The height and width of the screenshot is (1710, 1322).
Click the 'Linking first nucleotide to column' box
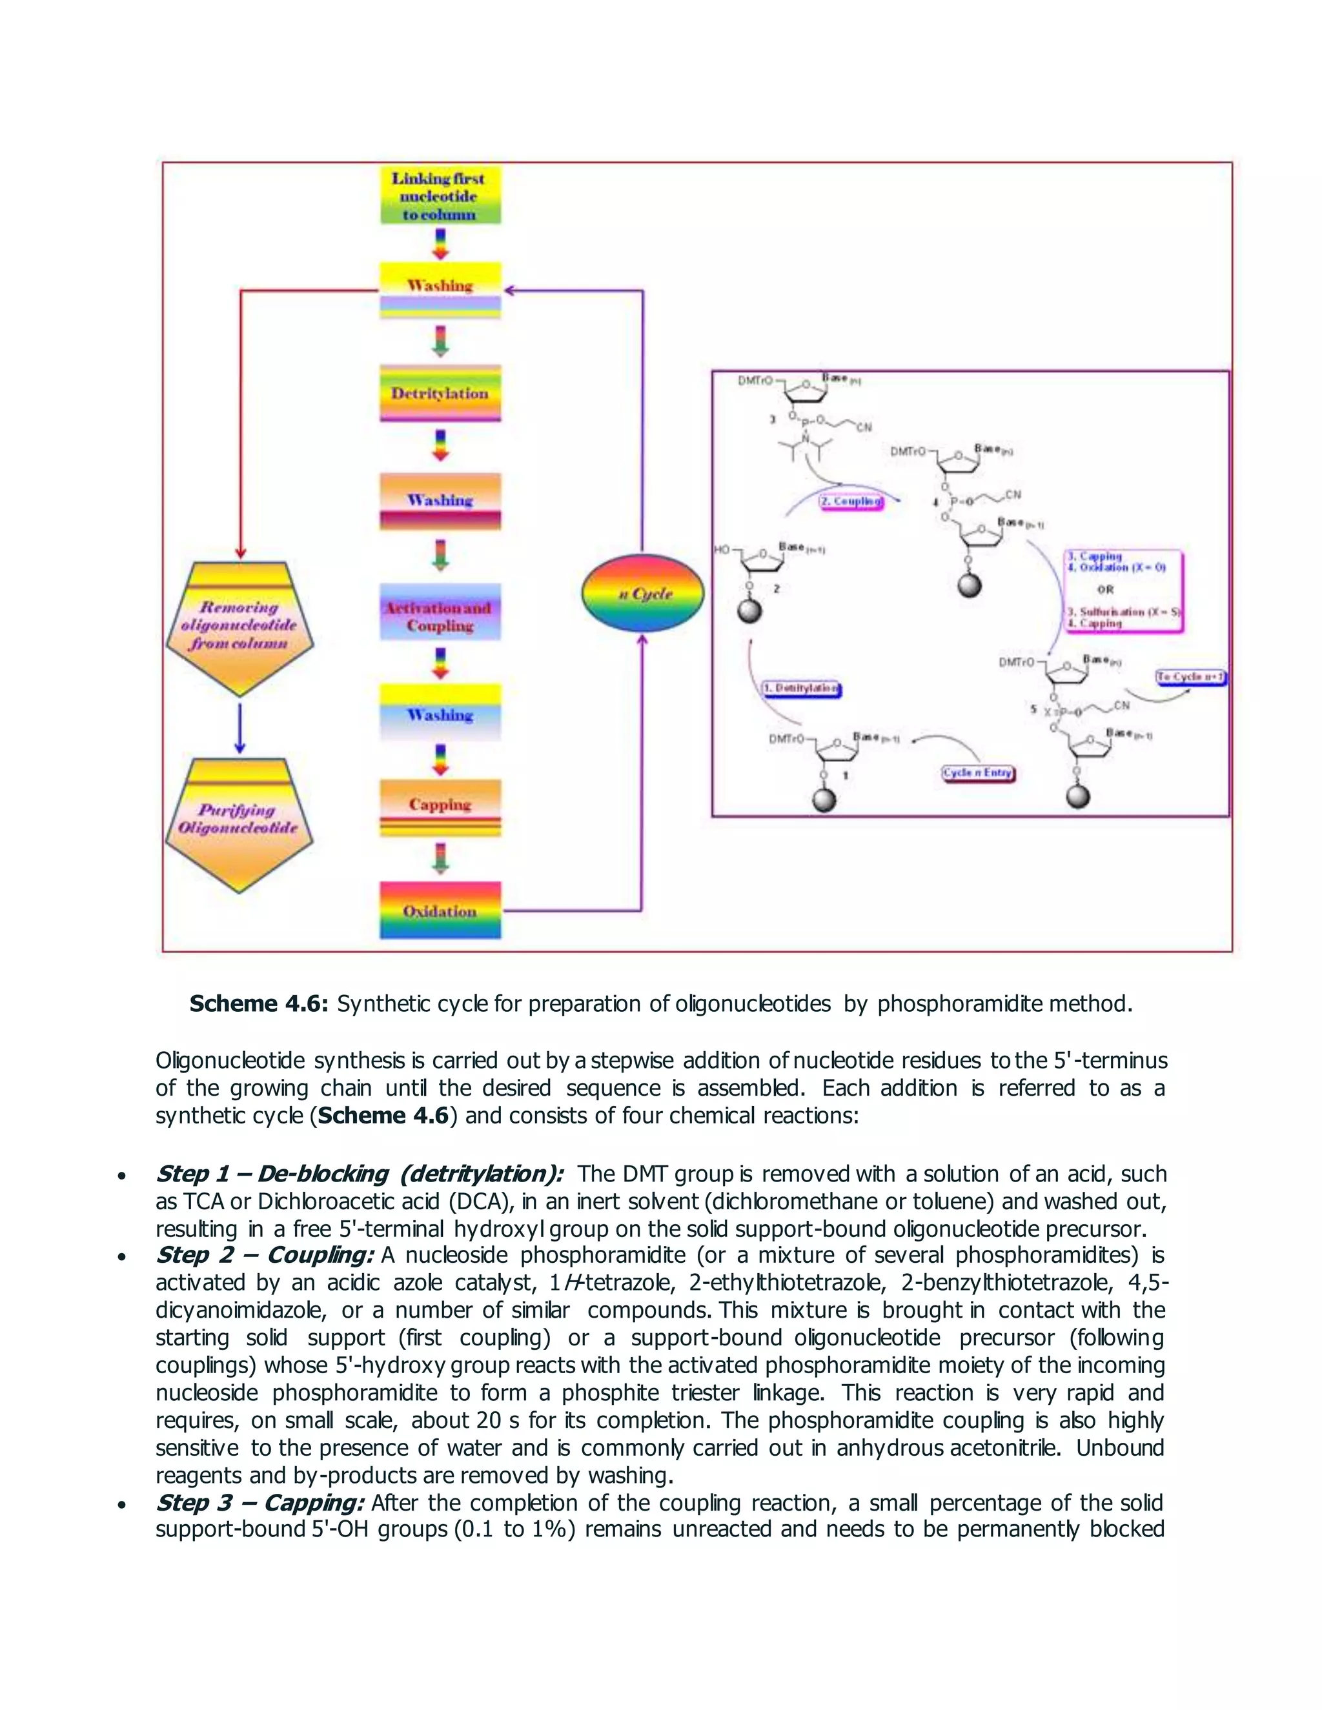440,196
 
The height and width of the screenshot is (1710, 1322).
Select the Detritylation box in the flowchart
440,393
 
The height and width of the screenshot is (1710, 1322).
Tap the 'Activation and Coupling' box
440,616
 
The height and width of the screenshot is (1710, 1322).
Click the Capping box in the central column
440,806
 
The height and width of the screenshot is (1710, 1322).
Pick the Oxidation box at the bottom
440,910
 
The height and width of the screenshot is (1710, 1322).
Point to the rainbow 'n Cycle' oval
643,593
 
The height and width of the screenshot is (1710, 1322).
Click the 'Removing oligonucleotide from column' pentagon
239,627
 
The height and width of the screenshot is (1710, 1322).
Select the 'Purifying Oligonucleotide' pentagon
239,822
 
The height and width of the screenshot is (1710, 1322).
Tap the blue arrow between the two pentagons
239,728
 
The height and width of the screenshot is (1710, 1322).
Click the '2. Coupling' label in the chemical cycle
852,501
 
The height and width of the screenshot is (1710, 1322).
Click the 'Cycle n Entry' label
977,773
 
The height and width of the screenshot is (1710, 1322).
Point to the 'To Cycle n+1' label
1190,676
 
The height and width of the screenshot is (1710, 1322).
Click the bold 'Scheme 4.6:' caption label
258,1004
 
